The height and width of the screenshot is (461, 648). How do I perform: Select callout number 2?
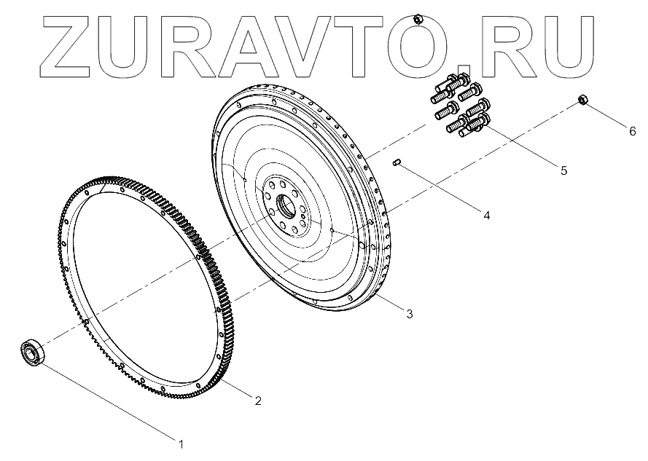[257, 401]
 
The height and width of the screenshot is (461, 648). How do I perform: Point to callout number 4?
[485, 215]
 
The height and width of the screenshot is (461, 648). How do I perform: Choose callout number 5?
[563, 171]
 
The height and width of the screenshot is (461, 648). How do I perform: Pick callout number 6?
[633, 132]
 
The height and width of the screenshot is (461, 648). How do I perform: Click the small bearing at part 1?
[33, 352]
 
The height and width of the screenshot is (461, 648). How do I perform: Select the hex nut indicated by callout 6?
[582, 100]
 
